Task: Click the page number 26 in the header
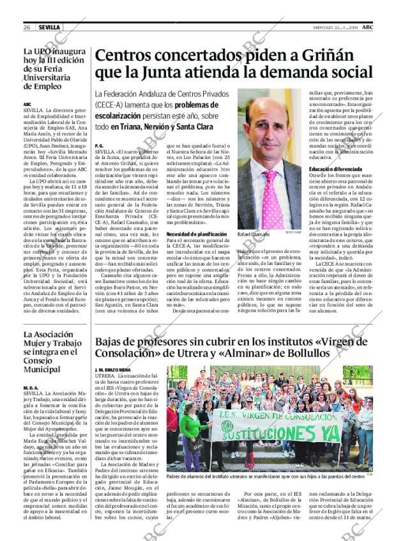click(27, 27)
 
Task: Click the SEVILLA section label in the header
click(49, 27)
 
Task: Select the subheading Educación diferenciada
click(335, 169)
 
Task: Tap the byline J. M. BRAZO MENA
click(112, 370)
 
